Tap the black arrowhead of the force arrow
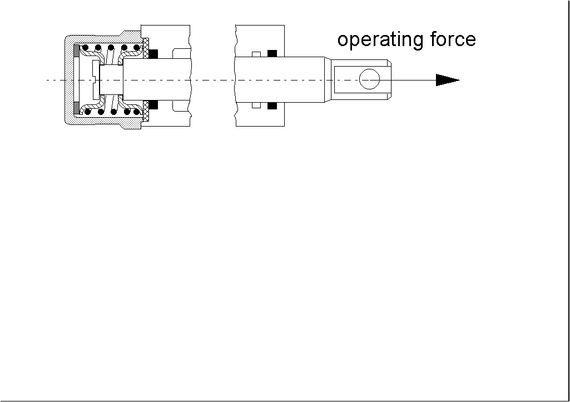pos(448,80)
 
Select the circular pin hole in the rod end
pos(369,79)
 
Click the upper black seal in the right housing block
pos(272,54)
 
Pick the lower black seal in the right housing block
pos(272,105)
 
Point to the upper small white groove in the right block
pos(256,54)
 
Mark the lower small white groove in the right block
pos(256,105)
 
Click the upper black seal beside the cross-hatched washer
pos(153,54)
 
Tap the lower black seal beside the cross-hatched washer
pos(153,105)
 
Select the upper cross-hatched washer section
pos(146,48)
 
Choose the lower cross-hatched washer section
pos(146,111)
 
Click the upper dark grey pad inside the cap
pos(76,51)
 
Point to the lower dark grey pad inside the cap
pos(76,108)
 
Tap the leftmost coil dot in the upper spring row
pos(86,48)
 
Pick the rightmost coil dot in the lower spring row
pos(137,112)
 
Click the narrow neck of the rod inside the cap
pos(111,80)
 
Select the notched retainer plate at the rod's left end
pos(96,80)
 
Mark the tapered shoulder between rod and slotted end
pos(328,80)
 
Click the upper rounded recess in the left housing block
pos(181,53)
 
